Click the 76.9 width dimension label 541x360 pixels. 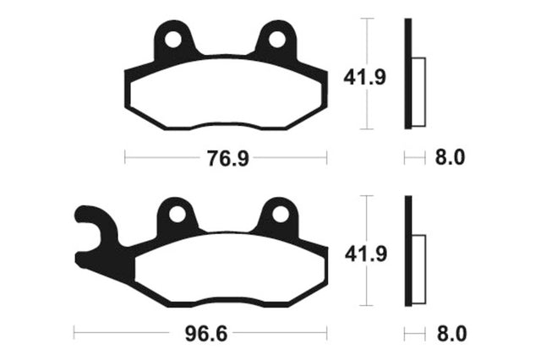point(227,159)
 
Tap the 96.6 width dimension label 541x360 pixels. point(206,334)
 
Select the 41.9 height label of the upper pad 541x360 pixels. point(364,78)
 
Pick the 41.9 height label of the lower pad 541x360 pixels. point(366,254)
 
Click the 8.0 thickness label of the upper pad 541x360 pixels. point(450,157)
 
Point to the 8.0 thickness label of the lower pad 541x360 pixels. point(451,334)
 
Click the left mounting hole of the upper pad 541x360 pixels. point(173,40)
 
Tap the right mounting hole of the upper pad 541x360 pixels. point(277,40)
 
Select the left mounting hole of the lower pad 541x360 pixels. point(177,215)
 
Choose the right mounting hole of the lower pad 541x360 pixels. point(280,215)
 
